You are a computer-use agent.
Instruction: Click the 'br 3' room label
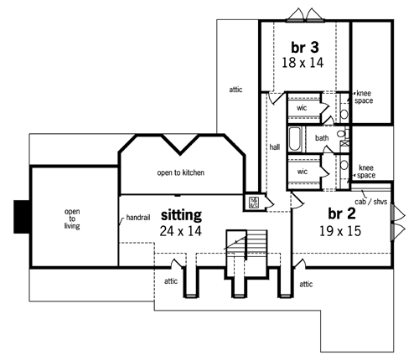[x=305, y=48]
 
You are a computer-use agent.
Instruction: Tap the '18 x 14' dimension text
[x=303, y=63]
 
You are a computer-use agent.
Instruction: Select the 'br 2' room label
[x=342, y=213]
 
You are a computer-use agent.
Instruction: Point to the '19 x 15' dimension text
[x=340, y=231]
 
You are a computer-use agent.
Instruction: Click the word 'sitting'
[x=181, y=215]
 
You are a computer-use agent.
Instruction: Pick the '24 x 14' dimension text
[x=180, y=231]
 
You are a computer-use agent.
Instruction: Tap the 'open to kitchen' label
[x=181, y=172]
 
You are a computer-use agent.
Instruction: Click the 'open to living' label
[x=72, y=219]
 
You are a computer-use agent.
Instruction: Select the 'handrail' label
[x=138, y=217]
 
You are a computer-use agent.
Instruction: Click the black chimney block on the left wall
[x=22, y=217]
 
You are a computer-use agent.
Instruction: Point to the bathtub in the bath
[x=295, y=139]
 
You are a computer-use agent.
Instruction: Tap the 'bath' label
[x=322, y=138]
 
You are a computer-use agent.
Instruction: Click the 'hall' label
[x=275, y=147]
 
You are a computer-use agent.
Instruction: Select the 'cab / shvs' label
[x=371, y=202]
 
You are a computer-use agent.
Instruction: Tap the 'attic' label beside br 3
[x=235, y=90]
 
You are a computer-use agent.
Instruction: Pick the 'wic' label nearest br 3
[x=302, y=108]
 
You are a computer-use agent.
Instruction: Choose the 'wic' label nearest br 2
[x=303, y=172]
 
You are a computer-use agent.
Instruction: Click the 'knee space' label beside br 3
[x=364, y=97]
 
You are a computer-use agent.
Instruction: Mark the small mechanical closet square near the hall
[x=254, y=203]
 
